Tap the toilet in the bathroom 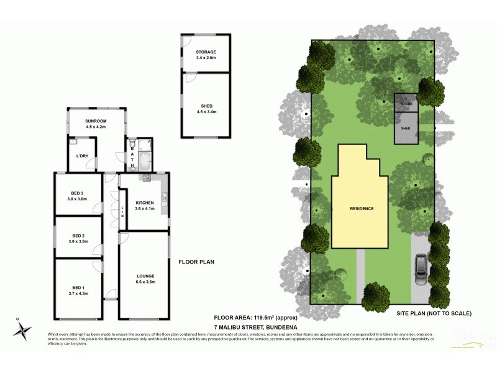click(x=132, y=147)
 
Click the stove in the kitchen click(x=147, y=178)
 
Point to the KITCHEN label click(x=144, y=203)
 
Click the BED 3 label click(x=78, y=193)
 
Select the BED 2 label click(x=78, y=236)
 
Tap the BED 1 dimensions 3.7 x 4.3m click(x=78, y=293)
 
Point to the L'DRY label click(x=81, y=155)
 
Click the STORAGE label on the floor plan click(x=206, y=52)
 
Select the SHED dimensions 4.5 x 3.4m click(x=206, y=111)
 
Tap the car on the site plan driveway click(x=421, y=270)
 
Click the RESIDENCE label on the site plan click(x=361, y=208)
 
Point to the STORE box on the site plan click(x=406, y=103)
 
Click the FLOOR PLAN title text click(x=196, y=262)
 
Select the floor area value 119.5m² click(x=269, y=316)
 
